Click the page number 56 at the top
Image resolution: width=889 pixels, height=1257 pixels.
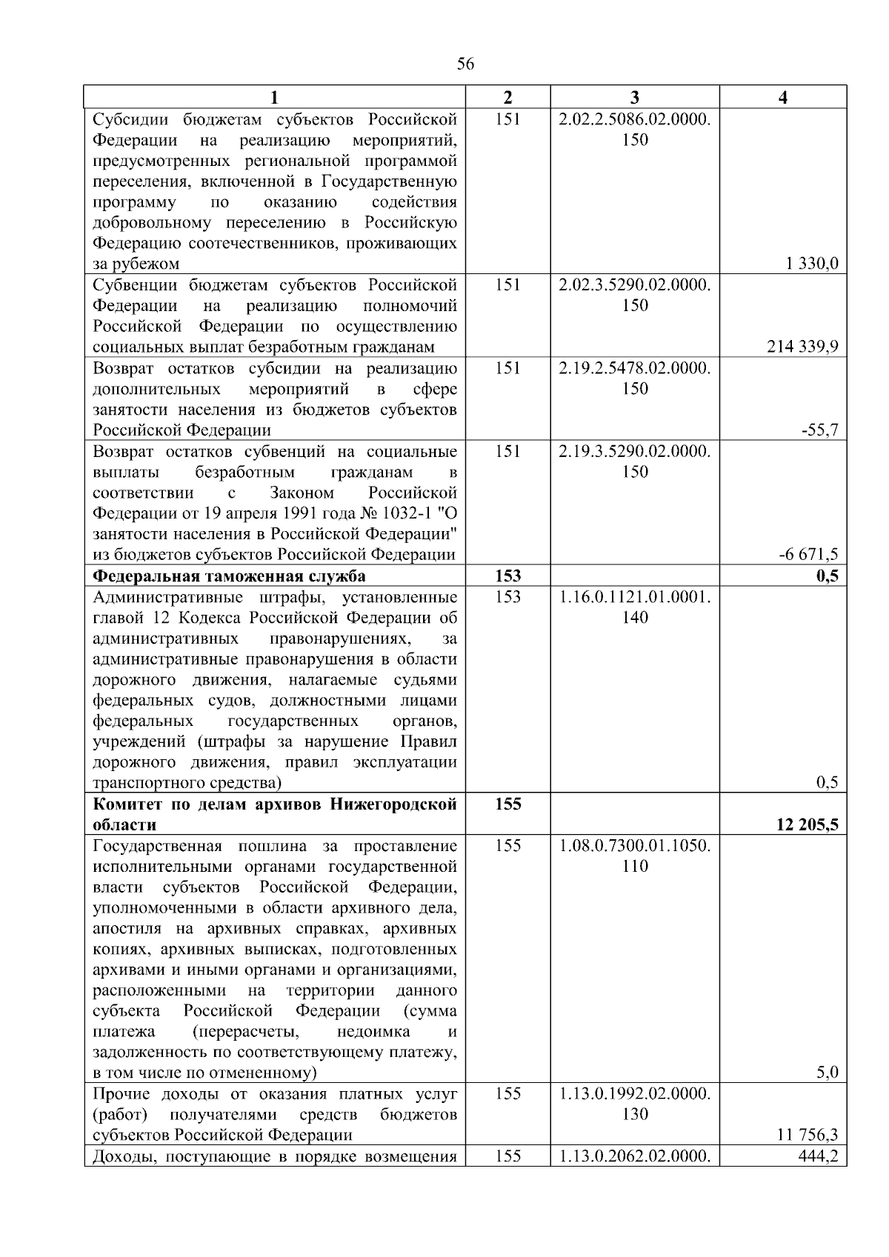pyautogui.click(x=465, y=64)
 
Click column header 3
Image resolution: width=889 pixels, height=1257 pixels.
pyautogui.click(x=635, y=97)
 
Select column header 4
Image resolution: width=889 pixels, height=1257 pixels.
pyautogui.click(x=783, y=97)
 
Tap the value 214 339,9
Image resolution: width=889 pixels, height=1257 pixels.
pyautogui.click(x=803, y=347)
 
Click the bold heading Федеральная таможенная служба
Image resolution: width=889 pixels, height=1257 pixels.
pyautogui.click(x=229, y=576)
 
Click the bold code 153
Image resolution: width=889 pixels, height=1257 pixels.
pyautogui.click(x=507, y=576)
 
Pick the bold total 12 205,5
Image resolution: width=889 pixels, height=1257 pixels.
pyautogui.click(x=807, y=824)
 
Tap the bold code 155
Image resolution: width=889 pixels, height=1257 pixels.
pyautogui.click(x=507, y=804)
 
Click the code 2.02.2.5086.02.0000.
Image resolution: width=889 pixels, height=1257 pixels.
pyautogui.click(x=635, y=119)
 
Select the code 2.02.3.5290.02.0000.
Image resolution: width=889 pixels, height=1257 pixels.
pyautogui.click(x=635, y=285)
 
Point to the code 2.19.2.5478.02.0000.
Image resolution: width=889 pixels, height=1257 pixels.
pyautogui.click(x=635, y=368)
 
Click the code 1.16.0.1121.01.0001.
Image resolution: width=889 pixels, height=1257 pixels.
pyautogui.click(x=635, y=596)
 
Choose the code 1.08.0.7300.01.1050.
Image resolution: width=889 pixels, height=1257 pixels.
pyautogui.click(x=635, y=845)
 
